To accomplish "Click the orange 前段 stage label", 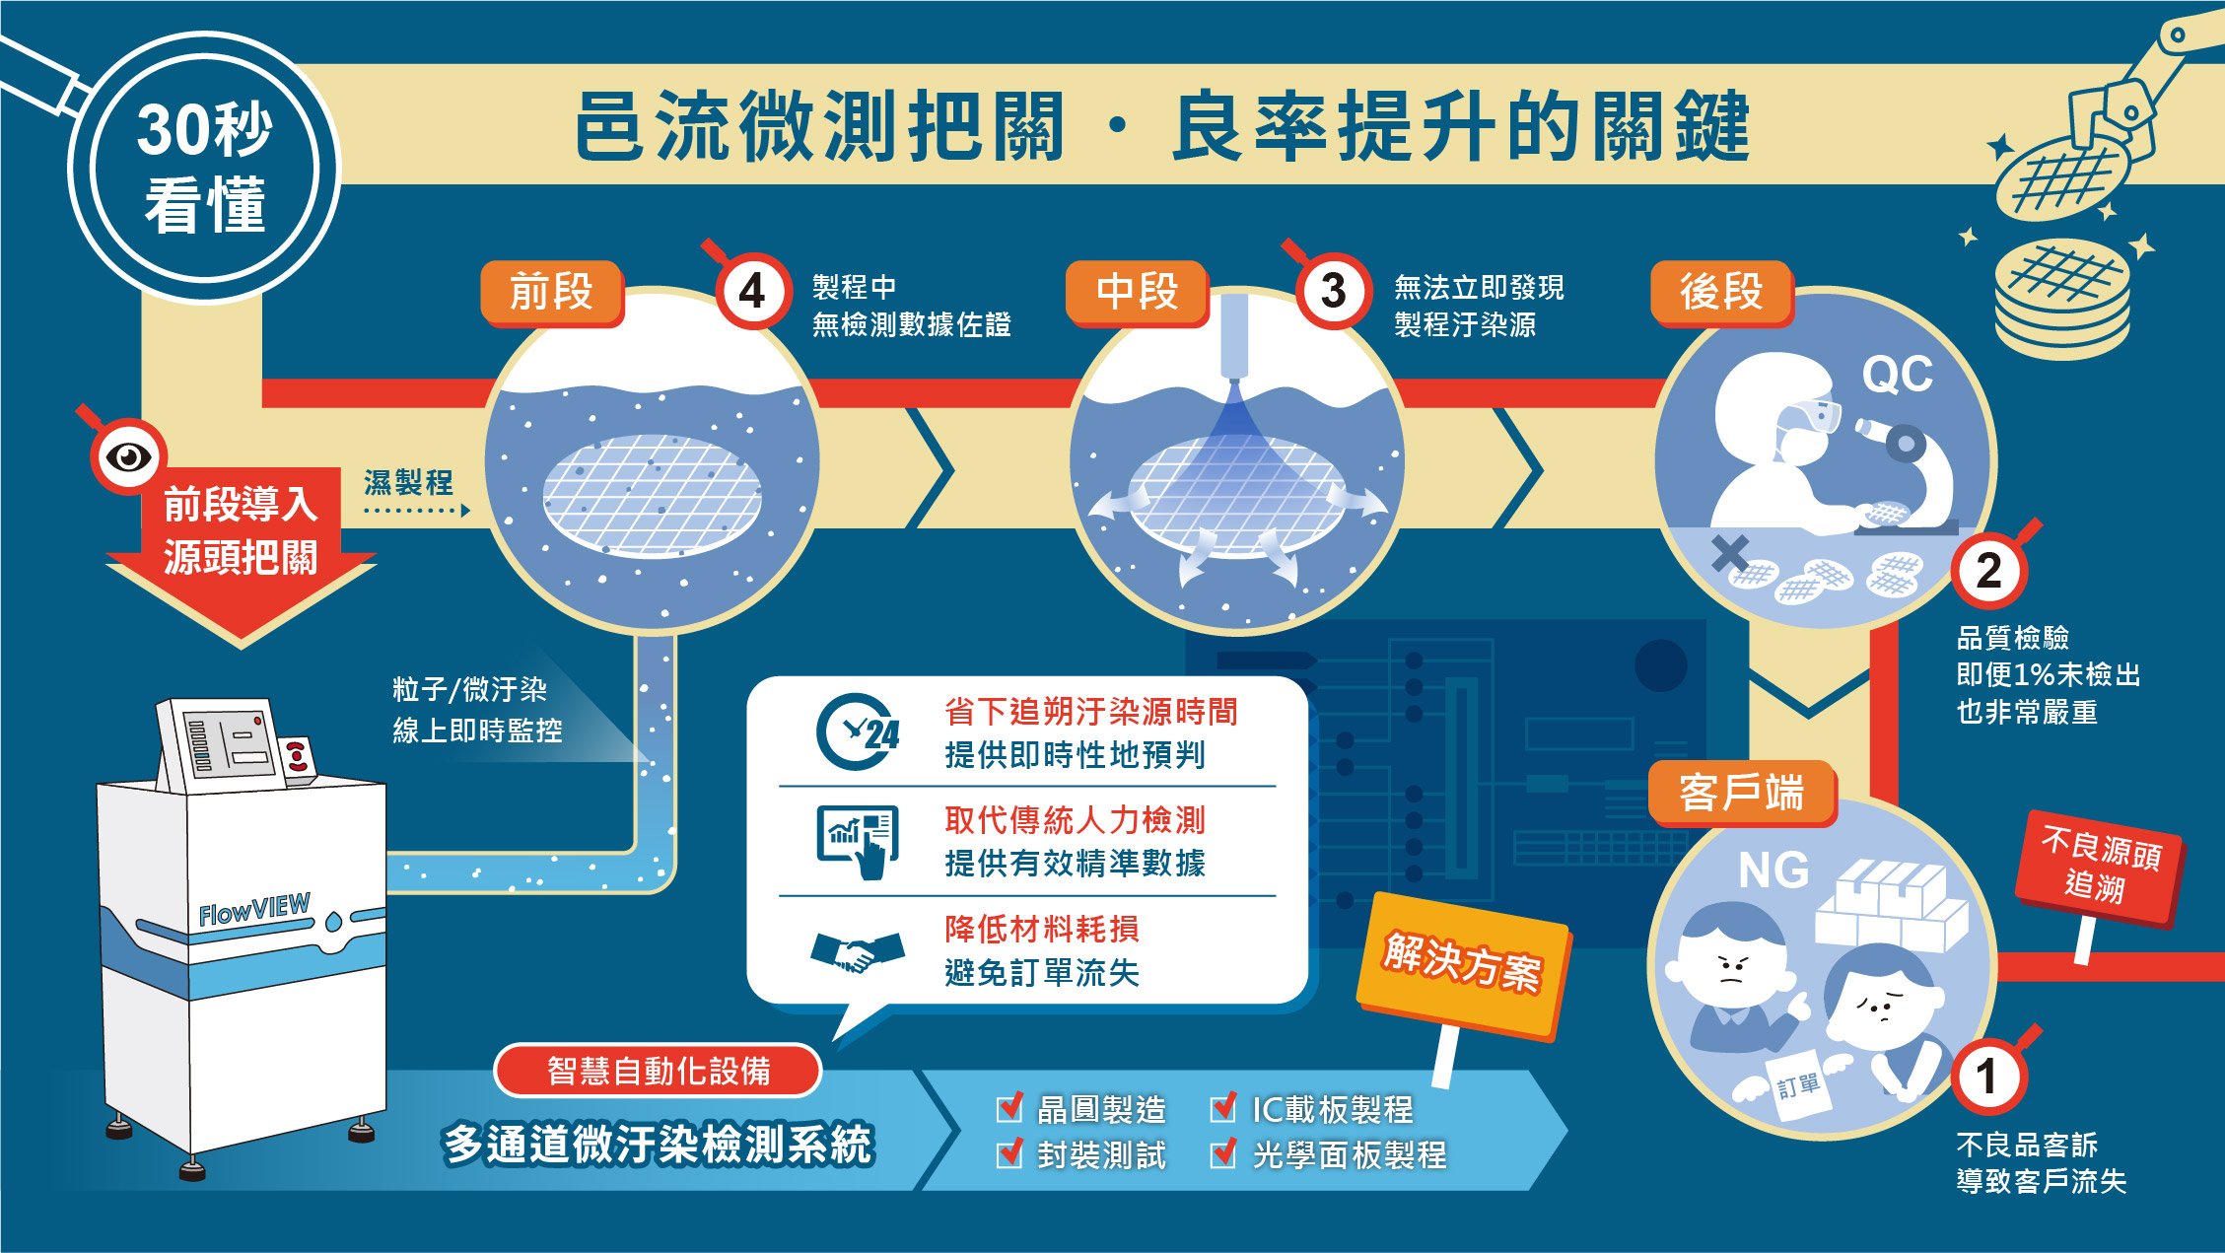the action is pos(552,293).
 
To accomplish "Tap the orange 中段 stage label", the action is pos(1138,293).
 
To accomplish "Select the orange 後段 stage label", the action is pos(1722,293).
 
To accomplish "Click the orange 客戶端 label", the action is pos(1742,794).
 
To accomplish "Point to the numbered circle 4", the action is pos(753,291).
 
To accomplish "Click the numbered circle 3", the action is pos(1333,291).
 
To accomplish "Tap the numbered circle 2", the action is pos(1989,571).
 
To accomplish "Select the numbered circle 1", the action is pos(1988,1076).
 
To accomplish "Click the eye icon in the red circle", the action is pos(128,456).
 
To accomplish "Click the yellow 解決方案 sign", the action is pos(1462,963).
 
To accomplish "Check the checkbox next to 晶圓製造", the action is pos(1010,1107).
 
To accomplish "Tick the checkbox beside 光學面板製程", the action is pos(1223,1152).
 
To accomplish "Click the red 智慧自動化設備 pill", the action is pos(658,1071).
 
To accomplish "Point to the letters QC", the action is pos(1897,375).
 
